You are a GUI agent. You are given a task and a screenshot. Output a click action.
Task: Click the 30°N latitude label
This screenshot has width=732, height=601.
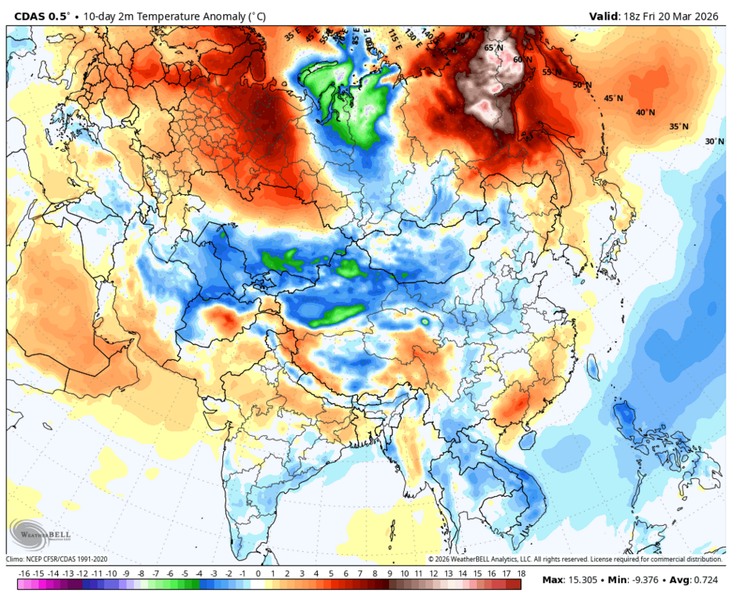pos(714,142)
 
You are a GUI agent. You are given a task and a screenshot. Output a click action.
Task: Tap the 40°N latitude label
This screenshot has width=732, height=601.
pos(645,113)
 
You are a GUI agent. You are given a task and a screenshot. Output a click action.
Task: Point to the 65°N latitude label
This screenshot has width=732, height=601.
pos(493,48)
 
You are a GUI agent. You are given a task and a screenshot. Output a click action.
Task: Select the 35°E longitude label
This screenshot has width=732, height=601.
pos(291,35)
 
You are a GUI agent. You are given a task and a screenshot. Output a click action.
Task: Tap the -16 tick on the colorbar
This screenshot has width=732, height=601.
pos(23,574)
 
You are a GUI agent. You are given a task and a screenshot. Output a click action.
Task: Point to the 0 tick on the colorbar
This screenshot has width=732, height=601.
pos(258,574)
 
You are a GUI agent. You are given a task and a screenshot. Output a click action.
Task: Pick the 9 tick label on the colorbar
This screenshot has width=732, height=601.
pos(389,574)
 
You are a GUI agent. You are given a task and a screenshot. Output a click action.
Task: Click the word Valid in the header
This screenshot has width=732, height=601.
pos(604,16)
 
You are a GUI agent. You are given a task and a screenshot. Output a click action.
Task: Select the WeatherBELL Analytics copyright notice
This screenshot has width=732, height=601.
pos(575,560)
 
